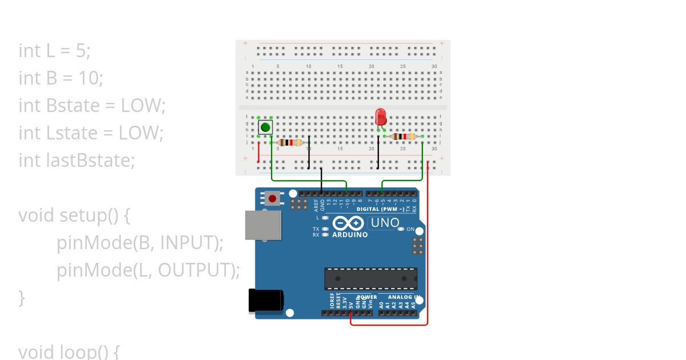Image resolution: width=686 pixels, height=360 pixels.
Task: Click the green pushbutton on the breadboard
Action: (x=265, y=127)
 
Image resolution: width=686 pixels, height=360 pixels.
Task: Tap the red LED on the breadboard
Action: (x=381, y=117)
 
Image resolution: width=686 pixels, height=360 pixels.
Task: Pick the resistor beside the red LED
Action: (x=404, y=137)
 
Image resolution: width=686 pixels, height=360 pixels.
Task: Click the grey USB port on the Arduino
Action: (x=262, y=225)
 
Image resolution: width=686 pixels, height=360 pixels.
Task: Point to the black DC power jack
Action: (x=266, y=301)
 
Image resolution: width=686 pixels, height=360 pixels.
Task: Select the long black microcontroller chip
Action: (x=370, y=278)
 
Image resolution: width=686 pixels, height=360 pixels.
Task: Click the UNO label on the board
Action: (x=385, y=223)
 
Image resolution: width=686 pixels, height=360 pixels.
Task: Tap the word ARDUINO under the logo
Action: (x=350, y=235)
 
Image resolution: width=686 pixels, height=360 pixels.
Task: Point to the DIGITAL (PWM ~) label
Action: (x=381, y=209)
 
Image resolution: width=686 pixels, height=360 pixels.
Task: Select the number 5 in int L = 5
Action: (x=81, y=51)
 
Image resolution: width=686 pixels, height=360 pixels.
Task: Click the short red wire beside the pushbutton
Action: (x=258, y=151)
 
